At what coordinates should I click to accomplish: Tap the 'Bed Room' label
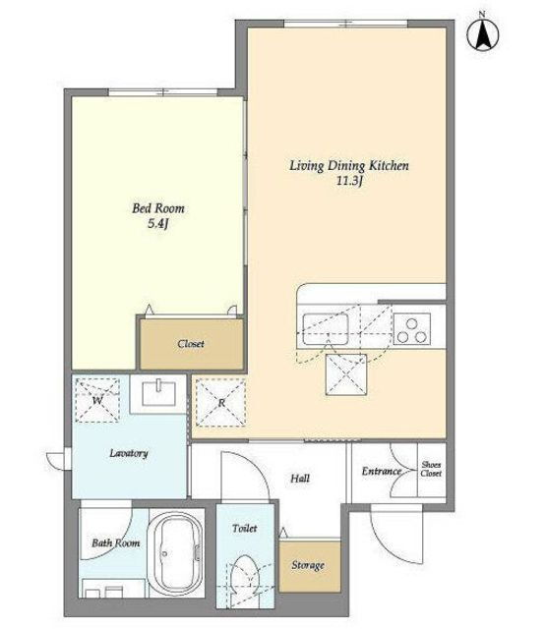pyautogui.click(x=158, y=208)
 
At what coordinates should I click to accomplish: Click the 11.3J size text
pyautogui.click(x=349, y=181)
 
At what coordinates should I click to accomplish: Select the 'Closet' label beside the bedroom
pyautogui.click(x=191, y=344)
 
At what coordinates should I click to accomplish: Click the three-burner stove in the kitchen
pyautogui.click(x=411, y=329)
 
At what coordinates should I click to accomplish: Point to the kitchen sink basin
pyautogui.click(x=326, y=329)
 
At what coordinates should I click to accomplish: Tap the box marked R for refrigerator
pyautogui.click(x=220, y=402)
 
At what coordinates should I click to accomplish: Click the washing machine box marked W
pyautogui.click(x=97, y=400)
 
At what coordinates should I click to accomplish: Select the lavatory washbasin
pyautogui.click(x=159, y=393)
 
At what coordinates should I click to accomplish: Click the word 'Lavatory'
pyautogui.click(x=129, y=453)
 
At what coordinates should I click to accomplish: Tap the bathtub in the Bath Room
pyautogui.click(x=175, y=554)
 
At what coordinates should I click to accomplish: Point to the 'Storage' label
pyautogui.click(x=308, y=566)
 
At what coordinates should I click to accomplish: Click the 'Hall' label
pyautogui.click(x=300, y=479)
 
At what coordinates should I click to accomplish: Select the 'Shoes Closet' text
pyautogui.click(x=431, y=469)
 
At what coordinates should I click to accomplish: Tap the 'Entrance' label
pyautogui.click(x=382, y=471)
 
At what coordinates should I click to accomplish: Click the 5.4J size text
pyautogui.click(x=157, y=224)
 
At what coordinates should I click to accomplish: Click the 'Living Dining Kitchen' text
pyautogui.click(x=349, y=166)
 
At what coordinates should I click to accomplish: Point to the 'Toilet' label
pyautogui.click(x=245, y=529)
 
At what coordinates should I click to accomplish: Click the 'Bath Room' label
pyautogui.click(x=116, y=543)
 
